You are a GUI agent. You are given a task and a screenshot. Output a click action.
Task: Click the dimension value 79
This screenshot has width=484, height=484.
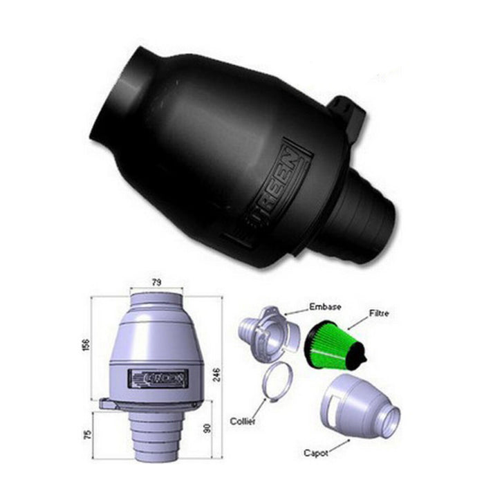tap(156, 282)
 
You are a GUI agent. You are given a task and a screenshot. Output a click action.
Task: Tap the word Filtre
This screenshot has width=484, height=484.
tap(379, 313)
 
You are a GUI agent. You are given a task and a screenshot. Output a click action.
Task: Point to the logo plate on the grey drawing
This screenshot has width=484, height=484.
tap(158, 377)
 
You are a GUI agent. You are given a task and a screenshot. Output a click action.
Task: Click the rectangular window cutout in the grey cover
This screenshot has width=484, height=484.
tap(335, 401)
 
